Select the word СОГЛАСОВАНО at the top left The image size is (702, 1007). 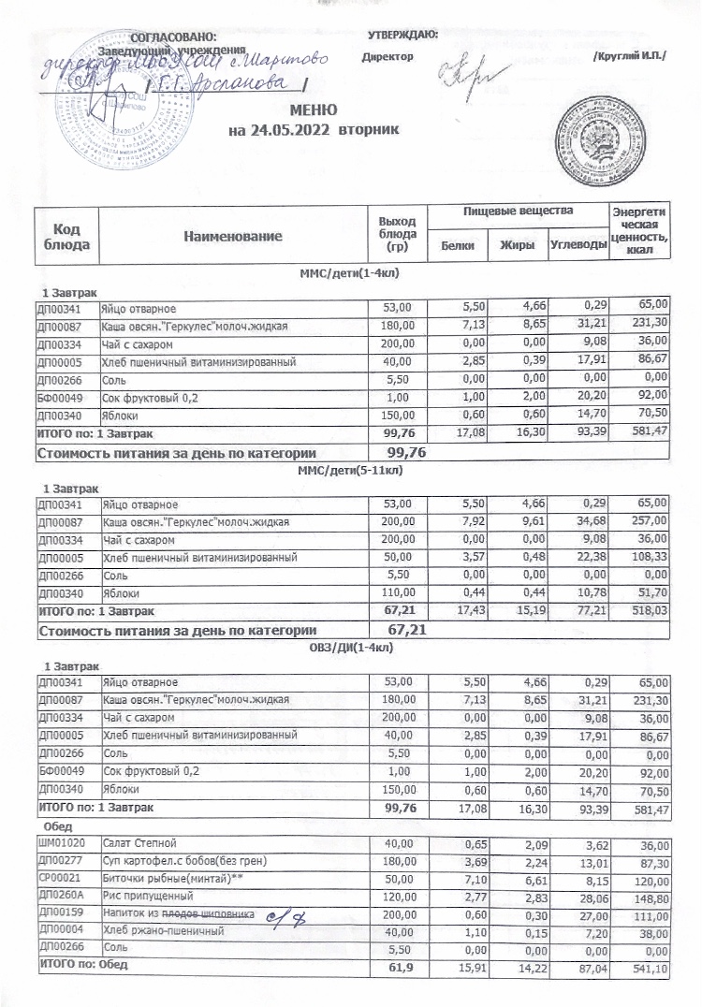pos(173,36)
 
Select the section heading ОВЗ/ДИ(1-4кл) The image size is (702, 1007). pos(349,647)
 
